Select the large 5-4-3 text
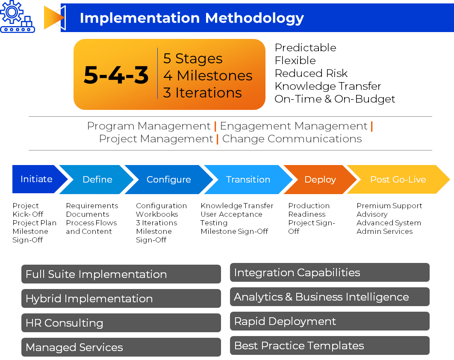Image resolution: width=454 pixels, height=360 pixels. coord(116,75)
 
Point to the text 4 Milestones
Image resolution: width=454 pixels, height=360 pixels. coord(208,76)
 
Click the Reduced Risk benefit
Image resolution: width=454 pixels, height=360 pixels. coord(311,73)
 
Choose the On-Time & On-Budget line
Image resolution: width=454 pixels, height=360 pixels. coord(335,99)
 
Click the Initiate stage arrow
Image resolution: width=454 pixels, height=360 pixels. coord(37,179)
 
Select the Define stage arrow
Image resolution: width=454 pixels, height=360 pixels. coord(97,180)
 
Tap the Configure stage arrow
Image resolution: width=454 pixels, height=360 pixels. coord(168,180)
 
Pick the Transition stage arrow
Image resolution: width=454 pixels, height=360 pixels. coord(248,180)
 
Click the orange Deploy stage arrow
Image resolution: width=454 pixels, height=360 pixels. coord(320,180)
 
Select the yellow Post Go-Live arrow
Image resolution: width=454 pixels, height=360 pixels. coord(398,180)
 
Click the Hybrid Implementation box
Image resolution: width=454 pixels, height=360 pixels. coord(121,298)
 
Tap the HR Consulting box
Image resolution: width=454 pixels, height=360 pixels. coord(121,323)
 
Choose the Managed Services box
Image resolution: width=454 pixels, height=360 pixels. coord(121,347)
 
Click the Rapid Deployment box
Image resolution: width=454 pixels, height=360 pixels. coord(330,321)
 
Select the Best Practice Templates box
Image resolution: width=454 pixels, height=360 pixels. coord(330,345)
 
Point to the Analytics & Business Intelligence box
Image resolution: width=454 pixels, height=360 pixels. coord(330,297)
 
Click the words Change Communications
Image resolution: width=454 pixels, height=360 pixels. coord(292,139)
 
